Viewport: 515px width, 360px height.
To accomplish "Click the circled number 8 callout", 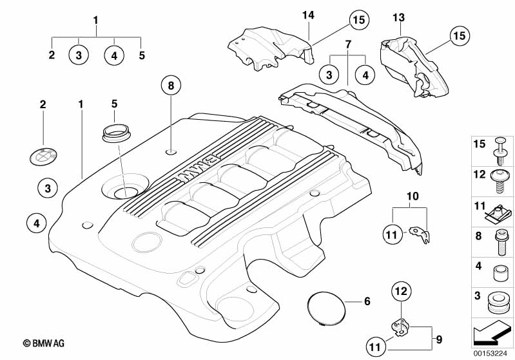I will click(x=171, y=86).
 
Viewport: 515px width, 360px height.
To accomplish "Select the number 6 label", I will click(x=367, y=301).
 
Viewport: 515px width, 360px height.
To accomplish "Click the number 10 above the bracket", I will click(x=413, y=195).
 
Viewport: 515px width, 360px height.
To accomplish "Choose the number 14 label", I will click(x=309, y=14).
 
